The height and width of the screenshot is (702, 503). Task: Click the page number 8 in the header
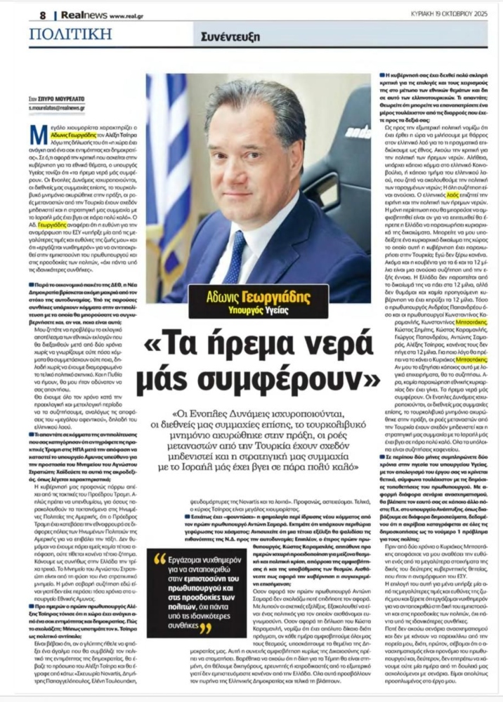[43, 13]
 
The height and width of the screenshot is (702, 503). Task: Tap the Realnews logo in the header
[77, 13]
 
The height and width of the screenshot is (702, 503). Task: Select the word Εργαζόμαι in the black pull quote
[194, 562]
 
